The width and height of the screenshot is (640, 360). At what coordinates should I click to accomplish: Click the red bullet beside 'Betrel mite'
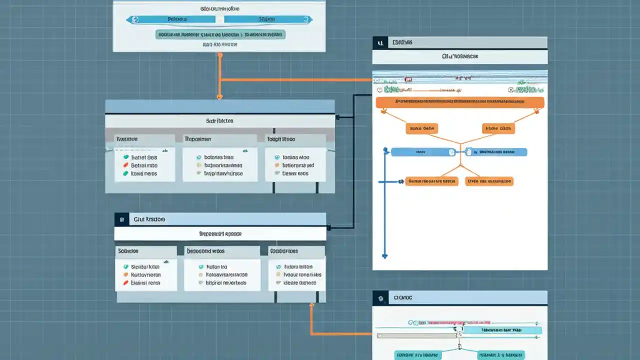[125, 165]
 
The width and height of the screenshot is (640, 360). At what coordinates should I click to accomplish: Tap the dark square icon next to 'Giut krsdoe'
[121, 219]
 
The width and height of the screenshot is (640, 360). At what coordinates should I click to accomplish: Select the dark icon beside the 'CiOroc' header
[381, 297]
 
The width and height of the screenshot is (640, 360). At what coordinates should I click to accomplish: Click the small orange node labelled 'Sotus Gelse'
[422, 128]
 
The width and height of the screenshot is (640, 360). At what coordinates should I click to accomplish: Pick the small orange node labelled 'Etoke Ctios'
[498, 128]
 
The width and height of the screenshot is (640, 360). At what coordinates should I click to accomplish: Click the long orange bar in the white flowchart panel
[459, 102]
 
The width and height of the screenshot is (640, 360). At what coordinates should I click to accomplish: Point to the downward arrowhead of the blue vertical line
[384, 255]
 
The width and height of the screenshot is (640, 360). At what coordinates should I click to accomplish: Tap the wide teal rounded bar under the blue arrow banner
[220, 35]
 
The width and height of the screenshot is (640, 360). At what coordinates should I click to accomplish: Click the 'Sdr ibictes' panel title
[219, 121]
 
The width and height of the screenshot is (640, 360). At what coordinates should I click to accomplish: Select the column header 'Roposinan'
[197, 139]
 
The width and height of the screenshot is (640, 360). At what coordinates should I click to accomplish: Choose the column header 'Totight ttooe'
[281, 139]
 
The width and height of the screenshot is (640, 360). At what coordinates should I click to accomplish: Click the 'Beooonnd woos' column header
[205, 251]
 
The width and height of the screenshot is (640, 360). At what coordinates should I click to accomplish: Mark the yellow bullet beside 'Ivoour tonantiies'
[278, 274]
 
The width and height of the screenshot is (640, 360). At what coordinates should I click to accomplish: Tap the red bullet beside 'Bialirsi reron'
[125, 283]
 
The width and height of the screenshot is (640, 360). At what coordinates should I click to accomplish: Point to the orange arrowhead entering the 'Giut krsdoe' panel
[311, 305]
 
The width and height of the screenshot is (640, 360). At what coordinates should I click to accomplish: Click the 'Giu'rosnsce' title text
[460, 56]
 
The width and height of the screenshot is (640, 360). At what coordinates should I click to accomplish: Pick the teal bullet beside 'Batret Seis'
[125, 157]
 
